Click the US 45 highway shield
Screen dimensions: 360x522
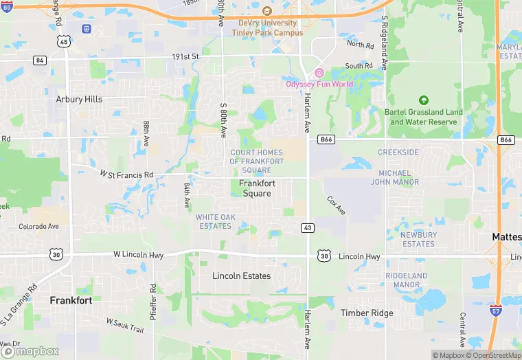point(64,41)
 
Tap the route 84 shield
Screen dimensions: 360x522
point(40,60)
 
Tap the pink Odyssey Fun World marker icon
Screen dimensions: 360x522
point(319,74)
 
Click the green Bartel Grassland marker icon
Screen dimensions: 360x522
point(423,100)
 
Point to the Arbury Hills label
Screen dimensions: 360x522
point(79,99)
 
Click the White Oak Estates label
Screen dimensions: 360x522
point(214,221)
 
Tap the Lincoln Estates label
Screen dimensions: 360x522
point(241,276)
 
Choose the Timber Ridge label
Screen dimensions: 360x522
point(367,313)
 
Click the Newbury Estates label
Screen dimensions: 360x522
point(418,239)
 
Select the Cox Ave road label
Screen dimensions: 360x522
point(336,205)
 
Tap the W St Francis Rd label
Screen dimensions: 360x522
point(126,175)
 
